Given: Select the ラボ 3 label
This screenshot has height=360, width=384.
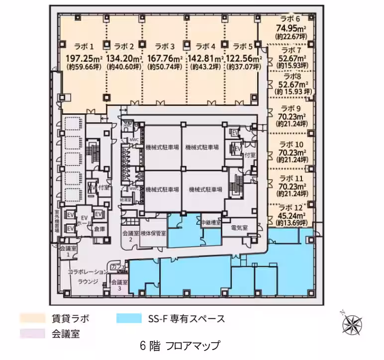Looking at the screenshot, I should point(165,47).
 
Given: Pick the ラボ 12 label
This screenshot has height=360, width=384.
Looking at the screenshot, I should point(291,208).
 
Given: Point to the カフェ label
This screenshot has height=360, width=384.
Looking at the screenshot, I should point(118,268).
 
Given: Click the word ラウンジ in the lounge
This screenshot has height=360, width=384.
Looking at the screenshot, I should point(88,281).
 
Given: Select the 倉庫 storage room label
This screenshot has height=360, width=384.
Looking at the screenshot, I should point(99,229).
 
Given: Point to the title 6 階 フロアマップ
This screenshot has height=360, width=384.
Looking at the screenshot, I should point(180,345).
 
